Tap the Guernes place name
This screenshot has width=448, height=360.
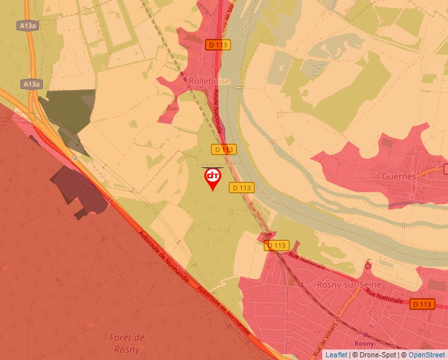pyautogui.click(x=399, y=176)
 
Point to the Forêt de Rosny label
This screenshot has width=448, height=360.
pyautogui.click(x=127, y=344)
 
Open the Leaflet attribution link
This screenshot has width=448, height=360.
pyautogui.click(x=337, y=355)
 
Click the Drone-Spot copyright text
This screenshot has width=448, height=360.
pyautogui.click(x=376, y=355)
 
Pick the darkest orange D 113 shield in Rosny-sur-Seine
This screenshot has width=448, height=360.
pyautogui.click(x=422, y=304)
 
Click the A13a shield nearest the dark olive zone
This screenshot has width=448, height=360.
pyautogui.click(x=31, y=84)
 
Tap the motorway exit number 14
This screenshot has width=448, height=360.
pyautogui.click(x=72, y=159)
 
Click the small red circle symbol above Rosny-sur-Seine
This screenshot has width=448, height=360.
pyautogui.click(x=368, y=266)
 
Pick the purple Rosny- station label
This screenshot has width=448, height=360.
pyautogui.click(x=364, y=344)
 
